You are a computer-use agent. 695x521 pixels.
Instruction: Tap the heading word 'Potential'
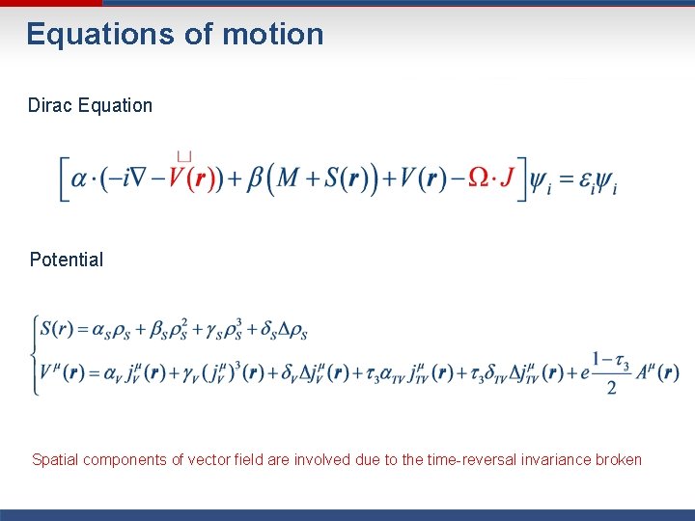click(x=67, y=260)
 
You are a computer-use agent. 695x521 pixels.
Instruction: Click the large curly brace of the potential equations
click(x=36, y=353)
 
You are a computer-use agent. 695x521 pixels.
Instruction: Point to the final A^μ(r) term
click(x=656, y=372)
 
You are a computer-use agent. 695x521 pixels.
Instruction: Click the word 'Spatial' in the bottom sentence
click(x=57, y=460)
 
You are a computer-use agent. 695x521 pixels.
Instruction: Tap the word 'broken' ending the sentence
click(x=618, y=460)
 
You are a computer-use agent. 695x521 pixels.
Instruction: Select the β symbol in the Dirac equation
click(x=255, y=180)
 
